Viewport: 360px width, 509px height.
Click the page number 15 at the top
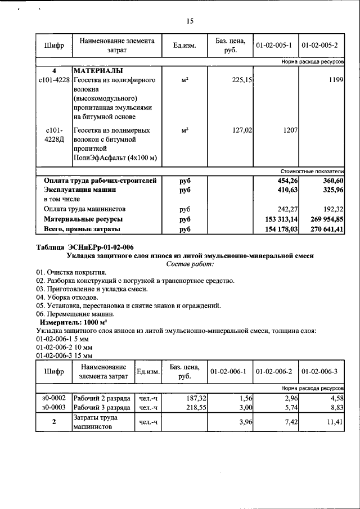(190, 21)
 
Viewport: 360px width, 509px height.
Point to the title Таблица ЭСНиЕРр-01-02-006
(85, 247)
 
